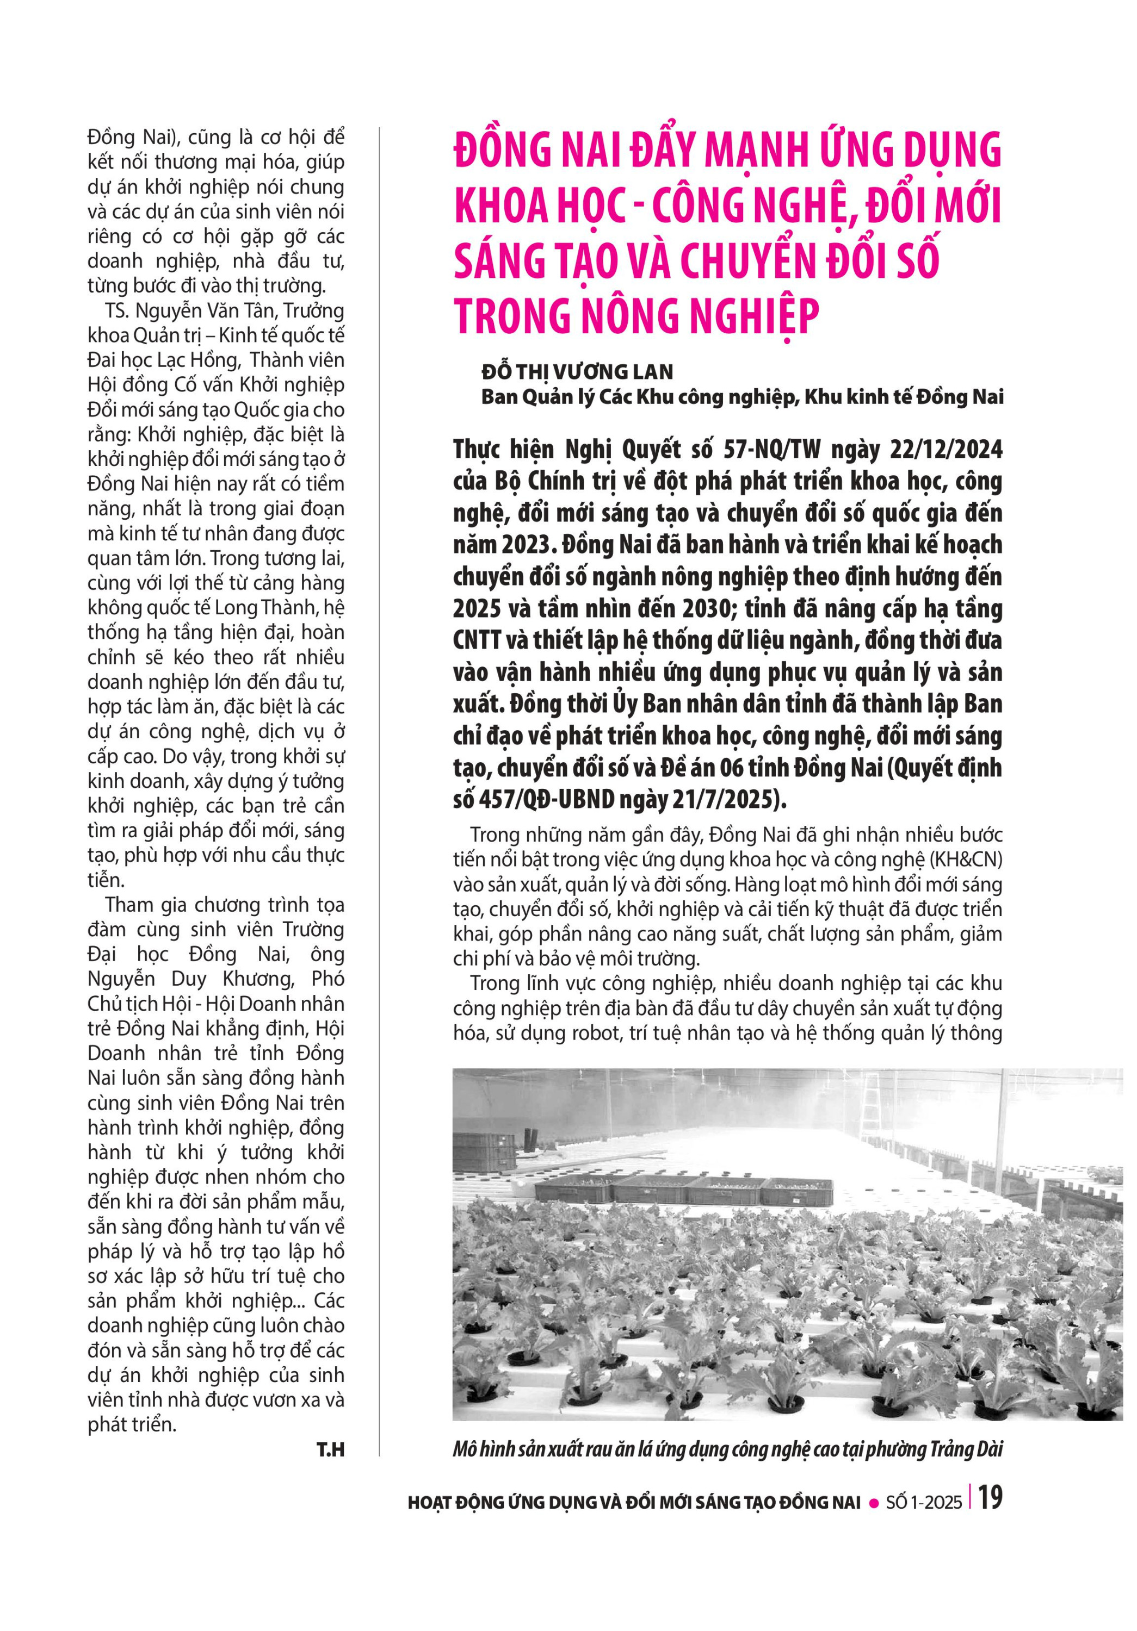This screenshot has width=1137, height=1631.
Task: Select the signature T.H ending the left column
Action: click(x=330, y=1450)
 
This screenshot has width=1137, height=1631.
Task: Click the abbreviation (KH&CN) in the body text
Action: click(x=966, y=860)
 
